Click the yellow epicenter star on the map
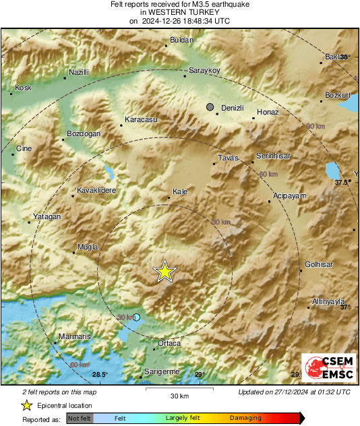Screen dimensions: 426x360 [x=164, y=272]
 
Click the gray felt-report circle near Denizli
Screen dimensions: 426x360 [x=210, y=107]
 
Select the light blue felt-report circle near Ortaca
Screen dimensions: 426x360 [x=137, y=317]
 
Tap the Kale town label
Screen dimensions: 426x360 [x=180, y=192]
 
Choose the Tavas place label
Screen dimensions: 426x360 [x=229, y=158]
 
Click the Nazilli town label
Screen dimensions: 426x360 [x=80, y=71]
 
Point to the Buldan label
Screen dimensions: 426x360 [x=179, y=40]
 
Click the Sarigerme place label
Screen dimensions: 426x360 [x=162, y=371]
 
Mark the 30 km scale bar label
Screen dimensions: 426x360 [x=179, y=395]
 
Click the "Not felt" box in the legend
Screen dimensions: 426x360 [x=80, y=418]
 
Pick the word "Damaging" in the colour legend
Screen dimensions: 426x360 [x=246, y=418]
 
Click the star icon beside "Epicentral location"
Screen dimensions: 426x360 [x=27, y=405]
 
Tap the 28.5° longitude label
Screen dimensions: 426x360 [x=100, y=375]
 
